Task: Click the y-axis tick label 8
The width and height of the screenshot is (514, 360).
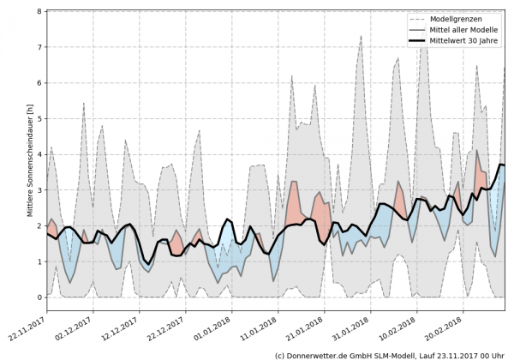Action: pyautogui.click(x=38, y=12)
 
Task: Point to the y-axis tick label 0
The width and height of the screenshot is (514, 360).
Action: pyautogui.click(x=38, y=297)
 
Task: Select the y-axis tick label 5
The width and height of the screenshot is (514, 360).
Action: pyautogui.click(x=38, y=119)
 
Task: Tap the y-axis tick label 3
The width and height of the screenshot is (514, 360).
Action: pyautogui.click(x=38, y=190)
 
